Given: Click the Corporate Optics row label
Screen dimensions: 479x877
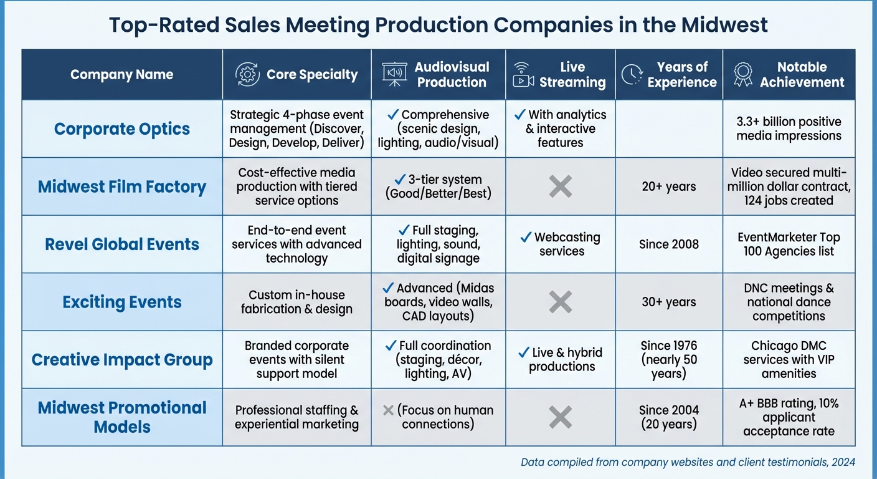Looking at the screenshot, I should coord(122,129).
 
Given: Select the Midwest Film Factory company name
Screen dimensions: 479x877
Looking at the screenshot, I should coord(122,186).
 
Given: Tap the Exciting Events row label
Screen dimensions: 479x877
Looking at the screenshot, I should coord(122,302).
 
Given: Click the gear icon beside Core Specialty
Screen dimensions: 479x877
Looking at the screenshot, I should coord(247,75).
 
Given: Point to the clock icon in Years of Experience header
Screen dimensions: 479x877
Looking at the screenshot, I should coord(632,75).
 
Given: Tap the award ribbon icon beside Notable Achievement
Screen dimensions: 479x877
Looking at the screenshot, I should coord(742,75).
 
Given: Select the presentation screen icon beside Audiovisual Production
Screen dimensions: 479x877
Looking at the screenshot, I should coord(394,75).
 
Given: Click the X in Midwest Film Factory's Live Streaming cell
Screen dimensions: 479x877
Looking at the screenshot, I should coord(561,186).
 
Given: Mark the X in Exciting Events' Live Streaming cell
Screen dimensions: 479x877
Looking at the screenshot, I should coord(561,302).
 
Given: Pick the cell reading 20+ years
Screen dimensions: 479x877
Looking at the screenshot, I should coord(669,186).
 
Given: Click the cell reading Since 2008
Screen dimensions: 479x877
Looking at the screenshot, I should coord(669,244).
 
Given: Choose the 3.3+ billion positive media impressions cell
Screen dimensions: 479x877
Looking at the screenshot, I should coord(789,129).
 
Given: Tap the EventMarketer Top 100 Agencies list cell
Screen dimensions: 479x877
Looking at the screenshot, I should coord(789,244).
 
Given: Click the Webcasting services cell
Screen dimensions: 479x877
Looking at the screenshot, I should coord(561,244).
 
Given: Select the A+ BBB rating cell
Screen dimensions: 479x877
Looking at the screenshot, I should coord(789,417).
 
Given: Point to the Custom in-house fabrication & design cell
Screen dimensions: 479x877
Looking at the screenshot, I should coord(296,302).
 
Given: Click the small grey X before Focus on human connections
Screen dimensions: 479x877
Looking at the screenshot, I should coord(388,410).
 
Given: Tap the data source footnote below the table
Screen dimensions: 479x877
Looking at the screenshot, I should coord(688,462).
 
